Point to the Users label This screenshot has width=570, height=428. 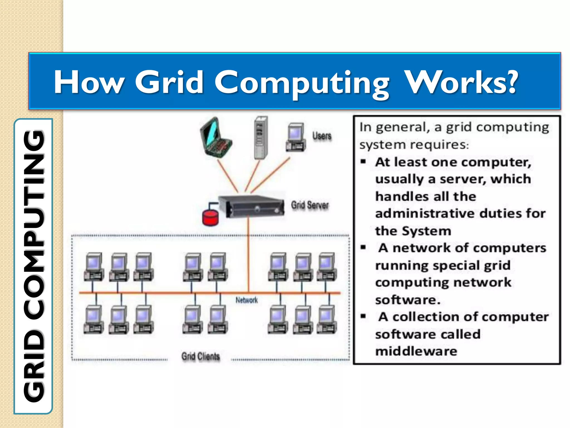(322, 136)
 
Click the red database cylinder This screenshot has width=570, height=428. (210, 218)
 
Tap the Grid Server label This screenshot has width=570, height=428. (310, 205)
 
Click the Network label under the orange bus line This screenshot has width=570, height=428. (247, 300)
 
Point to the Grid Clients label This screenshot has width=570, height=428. (201, 356)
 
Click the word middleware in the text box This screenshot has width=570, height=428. (416, 351)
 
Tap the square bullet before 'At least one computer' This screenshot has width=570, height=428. (363, 162)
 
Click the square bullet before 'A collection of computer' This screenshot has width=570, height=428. (363, 316)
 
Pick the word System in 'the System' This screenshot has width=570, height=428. (426, 231)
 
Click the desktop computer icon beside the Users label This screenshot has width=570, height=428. (296, 137)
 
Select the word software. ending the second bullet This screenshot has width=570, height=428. (408, 300)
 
